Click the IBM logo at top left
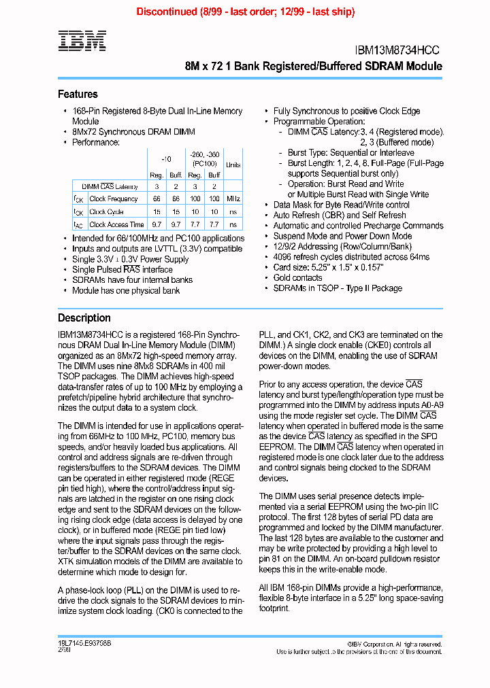coord(82,41)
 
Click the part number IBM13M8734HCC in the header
coord(398,50)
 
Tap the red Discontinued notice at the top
coord(245,12)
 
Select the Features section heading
coord(78,94)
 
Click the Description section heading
coord(84,317)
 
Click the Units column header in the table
coord(233,165)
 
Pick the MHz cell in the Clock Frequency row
coord(233,199)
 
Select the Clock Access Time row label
coord(116,224)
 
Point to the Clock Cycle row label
coord(107,211)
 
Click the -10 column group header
coord(166,157)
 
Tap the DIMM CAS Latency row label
coord(110,186)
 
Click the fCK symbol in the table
coord(79,199)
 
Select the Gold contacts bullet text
coord(297,277)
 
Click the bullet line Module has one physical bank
coord(126,290)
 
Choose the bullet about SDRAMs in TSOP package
coord(338,288)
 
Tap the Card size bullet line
coord(328,267)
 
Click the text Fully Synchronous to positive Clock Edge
coord(346,111)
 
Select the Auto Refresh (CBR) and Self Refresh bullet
coord(330,215)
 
